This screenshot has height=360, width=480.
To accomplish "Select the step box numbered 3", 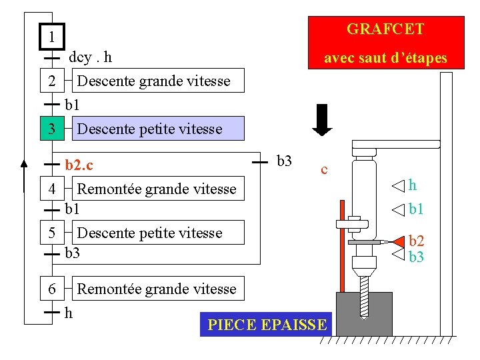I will [52, 128].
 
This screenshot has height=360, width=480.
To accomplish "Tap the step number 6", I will [52, 289].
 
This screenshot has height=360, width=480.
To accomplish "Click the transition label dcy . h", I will [90, 57].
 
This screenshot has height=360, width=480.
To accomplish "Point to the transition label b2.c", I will [79, 164].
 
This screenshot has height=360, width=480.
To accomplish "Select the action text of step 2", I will [153, 81].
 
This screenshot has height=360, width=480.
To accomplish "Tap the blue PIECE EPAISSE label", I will [267, 325].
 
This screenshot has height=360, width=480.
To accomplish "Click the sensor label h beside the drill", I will [413, 185].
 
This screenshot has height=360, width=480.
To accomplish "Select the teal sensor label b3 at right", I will [416, 257].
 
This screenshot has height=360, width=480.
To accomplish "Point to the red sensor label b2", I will [416, 241].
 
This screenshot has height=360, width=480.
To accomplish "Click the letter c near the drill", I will [324, 169].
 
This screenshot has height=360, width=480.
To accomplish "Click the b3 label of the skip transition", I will [284, 161].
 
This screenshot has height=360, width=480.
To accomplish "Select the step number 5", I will [52, 233].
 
